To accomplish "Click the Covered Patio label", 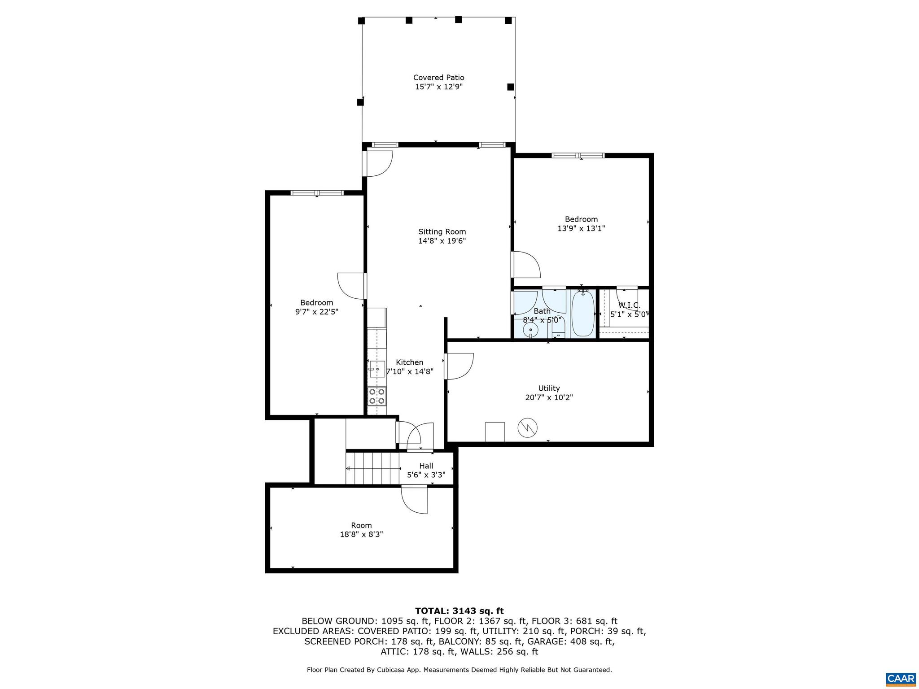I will click(x=438, y=78).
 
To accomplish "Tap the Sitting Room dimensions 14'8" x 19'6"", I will click(x=442, y=241).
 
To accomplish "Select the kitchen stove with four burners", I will click(x=376, y=396).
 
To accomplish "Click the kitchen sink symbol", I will click(x=377, y=369).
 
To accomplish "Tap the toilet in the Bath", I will click(x=558, y=331).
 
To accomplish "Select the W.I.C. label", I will click(x=629, y=305).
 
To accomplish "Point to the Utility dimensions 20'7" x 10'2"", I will click(x=549, y=397).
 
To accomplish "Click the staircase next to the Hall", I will click(x=372, y=468).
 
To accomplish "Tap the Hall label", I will click(x=426, y=466).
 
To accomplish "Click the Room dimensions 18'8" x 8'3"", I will click(x=361, y=535).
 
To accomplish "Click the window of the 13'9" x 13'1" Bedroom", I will click(x=578, y=156).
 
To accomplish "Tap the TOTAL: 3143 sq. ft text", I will click(x=459, y=611).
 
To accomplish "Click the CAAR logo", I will click(x=901, y=678).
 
